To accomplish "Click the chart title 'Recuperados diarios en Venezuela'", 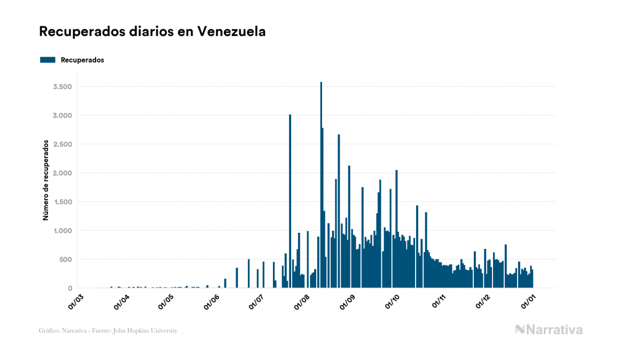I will click(152, 32).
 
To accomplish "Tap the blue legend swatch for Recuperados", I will click(48, 60).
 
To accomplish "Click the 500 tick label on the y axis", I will click(65, 260).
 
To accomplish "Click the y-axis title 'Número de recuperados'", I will click(46, 181).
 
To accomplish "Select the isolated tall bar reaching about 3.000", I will click(290, 203).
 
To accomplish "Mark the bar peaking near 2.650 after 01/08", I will click(339, 214).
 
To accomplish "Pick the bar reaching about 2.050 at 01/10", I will click(396, 230).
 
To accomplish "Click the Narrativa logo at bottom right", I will click(549, 330).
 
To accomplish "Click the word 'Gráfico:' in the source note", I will click(49, 331).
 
